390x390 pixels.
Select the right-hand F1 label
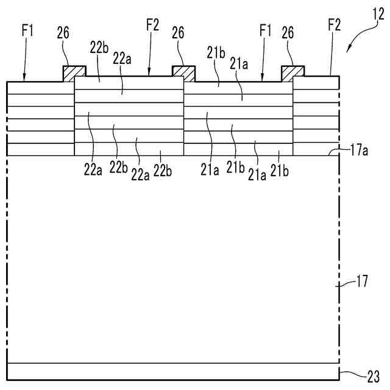pyautogui.click(x=265, y=30)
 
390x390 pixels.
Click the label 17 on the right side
pyautogui.click(x=361, y=282)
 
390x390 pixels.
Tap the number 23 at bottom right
pyautogui.click(x=374, y=375)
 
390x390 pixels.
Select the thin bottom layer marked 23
pyautogui.click(x=171, y=372)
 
